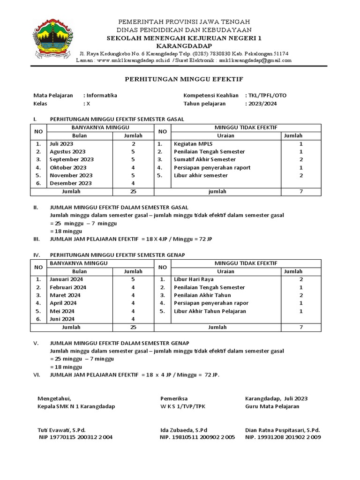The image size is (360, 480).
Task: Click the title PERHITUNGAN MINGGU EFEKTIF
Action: pos(184,79)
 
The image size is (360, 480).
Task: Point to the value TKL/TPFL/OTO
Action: pos(267,95)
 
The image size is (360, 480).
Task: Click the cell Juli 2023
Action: pos(61,144)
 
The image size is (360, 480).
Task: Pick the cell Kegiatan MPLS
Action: pos(193,144)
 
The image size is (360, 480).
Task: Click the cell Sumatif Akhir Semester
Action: pos(204,160)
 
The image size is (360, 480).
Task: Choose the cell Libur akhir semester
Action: pos(201,175)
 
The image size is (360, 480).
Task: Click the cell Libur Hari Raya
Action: pos(193,279)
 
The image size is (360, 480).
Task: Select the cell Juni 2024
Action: pos(61,319)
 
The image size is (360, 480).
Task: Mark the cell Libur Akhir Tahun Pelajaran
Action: pos(210,311)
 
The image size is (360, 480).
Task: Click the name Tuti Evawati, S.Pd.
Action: pos(61,430)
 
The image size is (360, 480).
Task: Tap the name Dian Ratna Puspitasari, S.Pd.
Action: pos(283,430)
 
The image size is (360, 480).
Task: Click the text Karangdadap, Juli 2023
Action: pos(277,398)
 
